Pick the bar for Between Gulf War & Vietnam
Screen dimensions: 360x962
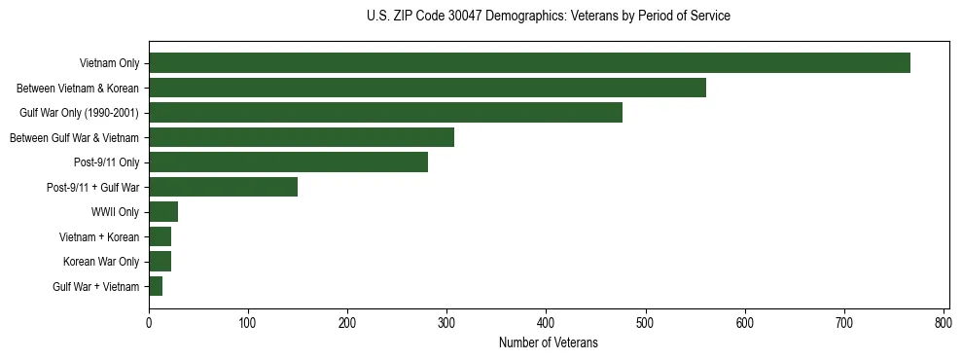(302, 137)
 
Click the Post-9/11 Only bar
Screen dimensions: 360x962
(288, 162)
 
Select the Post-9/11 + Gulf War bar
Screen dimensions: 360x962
(223, 187)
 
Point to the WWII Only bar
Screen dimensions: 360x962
(163, 212)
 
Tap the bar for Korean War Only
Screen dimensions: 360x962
(160, 262)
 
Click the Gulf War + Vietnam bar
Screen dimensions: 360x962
(156, 286)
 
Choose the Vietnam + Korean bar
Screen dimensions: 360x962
(160, 236)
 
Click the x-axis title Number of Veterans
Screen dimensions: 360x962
(548, 343)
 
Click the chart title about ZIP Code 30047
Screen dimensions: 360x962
(548, 16)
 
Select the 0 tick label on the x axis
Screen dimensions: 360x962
(149, 323)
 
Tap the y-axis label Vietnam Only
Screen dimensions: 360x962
(109, 63)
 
